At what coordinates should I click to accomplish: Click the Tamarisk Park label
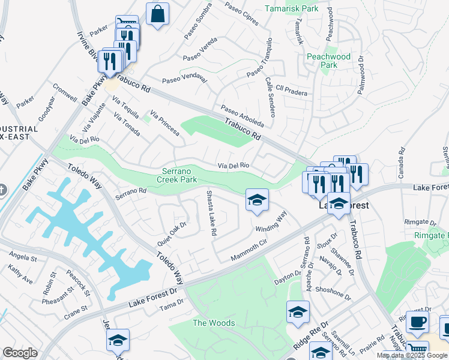click(x=293, y=9)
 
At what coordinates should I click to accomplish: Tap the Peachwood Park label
click(x=328, y=60)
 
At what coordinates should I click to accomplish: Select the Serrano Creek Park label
click(x=177, y=175)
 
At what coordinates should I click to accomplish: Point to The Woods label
click(x=213, y=323)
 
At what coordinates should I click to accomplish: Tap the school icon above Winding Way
click(x=257, y=200)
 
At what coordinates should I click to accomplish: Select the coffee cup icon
click(x=417, y=322)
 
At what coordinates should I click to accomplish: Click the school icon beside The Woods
click(x=297, y=313)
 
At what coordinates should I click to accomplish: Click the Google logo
click(x=20, y=352)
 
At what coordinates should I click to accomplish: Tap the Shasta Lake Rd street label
click(x=211, y=213)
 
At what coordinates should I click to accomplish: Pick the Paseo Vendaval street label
click(x=184, y=79)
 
